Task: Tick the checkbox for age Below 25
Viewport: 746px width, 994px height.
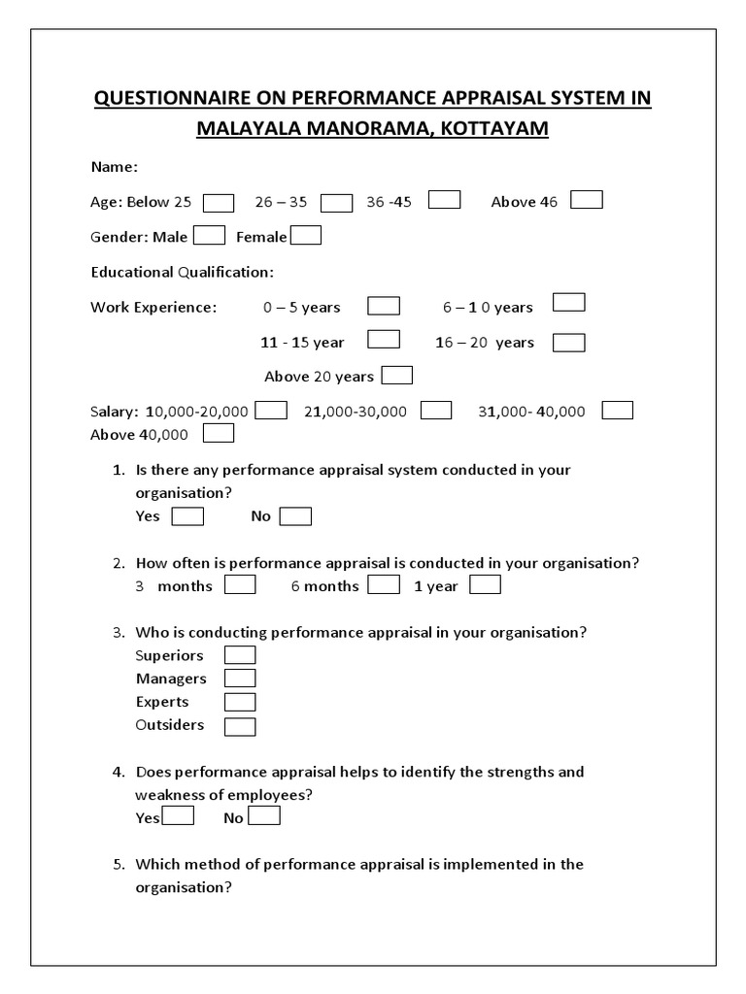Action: pyautogui.click(x=219, y=202)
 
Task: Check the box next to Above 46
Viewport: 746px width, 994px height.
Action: pyautogui.click(x=587, y=200)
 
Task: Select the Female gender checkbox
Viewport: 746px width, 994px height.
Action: pyautogui.click(x=306, y=236)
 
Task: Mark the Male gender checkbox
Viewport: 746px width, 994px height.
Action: pyautogui.click(x=210, y=236)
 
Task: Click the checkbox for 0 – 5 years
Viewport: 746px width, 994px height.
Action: pyautogui.click(x=384, y=306)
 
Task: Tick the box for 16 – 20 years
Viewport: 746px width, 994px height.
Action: pyautogui.click(x=568, y=342)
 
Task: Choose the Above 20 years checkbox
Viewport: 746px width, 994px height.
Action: pyautogui.click(x=397, y=376)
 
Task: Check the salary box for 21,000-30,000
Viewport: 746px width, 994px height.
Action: pyautogui.click(x=436, y=410)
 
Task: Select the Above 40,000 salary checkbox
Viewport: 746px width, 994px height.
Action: pyautogui.click(x=219, y=433)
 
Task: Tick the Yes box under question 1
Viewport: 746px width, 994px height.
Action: pyautogui.click(x=187, y=516)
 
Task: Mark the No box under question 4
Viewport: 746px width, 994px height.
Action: pyautogui.click(x=264, y=816)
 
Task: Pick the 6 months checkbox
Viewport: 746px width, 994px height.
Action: pyautogui.click(x=384, y=585)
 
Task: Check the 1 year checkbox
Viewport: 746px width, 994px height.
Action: pyautogui.click(x=485, y=585)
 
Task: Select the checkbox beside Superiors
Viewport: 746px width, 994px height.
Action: pyautogui.click(x=240, y=655)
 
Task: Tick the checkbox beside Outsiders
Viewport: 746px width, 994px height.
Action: pyautogui.click(x=240, y=726)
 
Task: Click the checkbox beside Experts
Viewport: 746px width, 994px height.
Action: pyautogui.click(x=240, y=702)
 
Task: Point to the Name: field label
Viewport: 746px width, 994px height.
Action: pyautogui.click(x=115, y=167)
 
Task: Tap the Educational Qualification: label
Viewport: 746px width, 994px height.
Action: pyautogui.click(x=183, y=272)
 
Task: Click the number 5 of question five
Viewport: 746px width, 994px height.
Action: pyautogui.click(x=118, y=864)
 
